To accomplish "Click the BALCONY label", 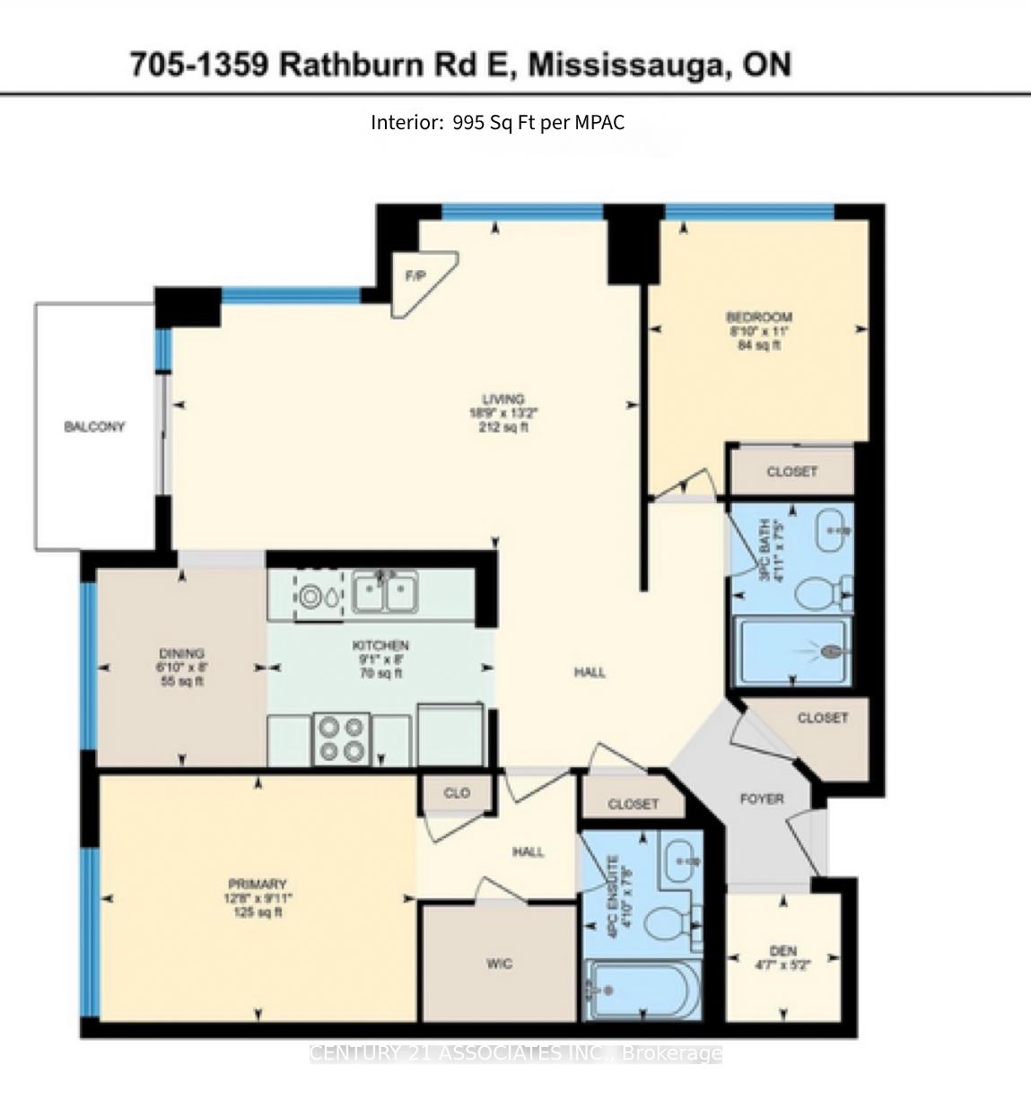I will tap(94, 427).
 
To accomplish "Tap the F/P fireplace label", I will tap(415, 276).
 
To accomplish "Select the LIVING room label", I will tap(502, 399).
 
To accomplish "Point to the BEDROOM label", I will tap(758, 317).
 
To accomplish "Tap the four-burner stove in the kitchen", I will tap(342, 739).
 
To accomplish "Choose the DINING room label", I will tap(181, 653).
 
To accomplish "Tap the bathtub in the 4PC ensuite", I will tap(639, 991).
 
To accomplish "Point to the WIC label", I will tap(499, 964).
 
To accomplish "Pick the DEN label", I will tap(782, 951).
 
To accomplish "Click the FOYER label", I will tap(761, 799).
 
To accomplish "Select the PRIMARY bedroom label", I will tap(257, 885).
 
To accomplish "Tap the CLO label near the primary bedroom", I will tap(457, 793).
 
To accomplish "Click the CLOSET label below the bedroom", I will tap(791, 471).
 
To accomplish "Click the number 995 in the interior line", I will tap(468, 123).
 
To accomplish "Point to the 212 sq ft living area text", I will tap(502, 428).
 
